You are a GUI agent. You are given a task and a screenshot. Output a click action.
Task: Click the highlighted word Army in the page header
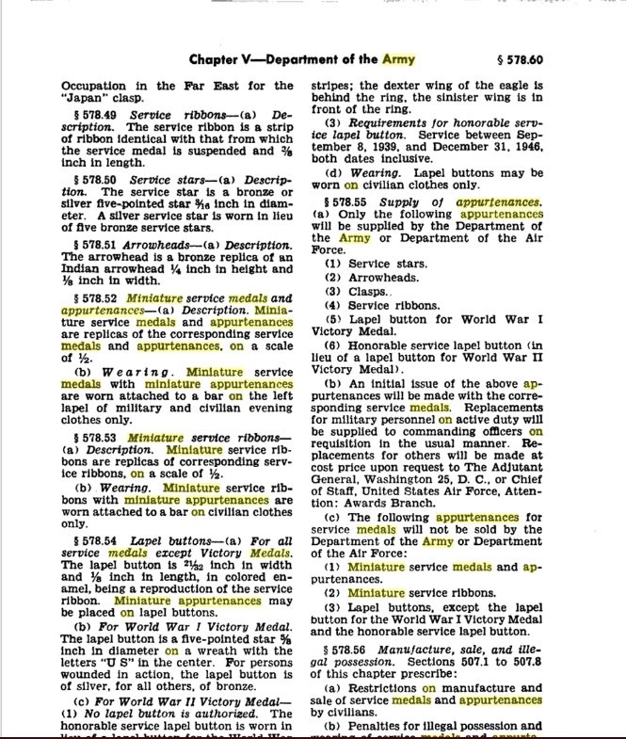399,60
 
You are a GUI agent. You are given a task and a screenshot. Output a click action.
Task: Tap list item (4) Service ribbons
377,305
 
